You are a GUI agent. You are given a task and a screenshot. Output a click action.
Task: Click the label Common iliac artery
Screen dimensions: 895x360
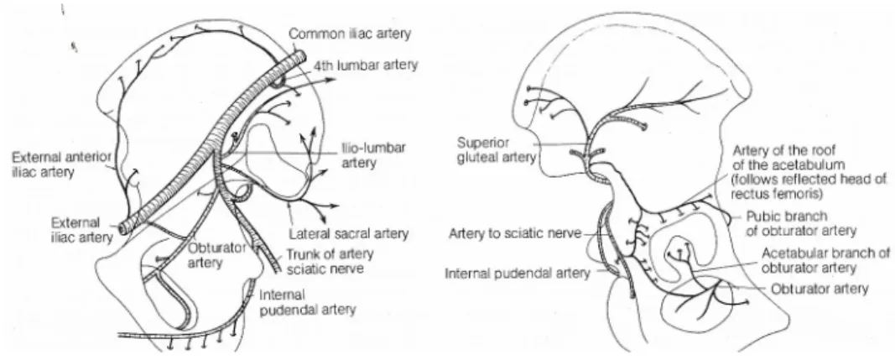coord(349,34)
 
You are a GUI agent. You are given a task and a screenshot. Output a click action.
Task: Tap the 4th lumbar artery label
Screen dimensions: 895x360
coord(365,65)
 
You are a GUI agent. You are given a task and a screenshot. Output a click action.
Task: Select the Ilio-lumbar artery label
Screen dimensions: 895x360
coord(374,155)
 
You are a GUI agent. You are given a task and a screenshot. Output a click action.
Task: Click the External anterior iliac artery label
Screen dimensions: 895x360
coord(61,164)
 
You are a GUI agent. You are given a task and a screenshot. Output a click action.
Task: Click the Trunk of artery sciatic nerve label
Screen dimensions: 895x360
coord(330,261)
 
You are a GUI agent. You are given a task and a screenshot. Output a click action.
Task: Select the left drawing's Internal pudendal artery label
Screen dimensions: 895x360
coord(308,302)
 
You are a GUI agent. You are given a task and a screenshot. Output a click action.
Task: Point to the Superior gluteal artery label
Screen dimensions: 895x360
coord(496,149)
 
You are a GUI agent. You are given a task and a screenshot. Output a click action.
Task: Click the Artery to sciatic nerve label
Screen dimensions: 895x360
coord(515,233)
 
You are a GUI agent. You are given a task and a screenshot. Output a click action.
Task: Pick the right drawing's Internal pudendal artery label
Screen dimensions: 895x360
coord(518,274)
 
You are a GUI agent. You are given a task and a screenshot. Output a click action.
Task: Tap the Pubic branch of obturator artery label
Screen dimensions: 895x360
coord(801,223)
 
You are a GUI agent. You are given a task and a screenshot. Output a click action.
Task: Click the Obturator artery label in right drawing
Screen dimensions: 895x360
coord(820,290)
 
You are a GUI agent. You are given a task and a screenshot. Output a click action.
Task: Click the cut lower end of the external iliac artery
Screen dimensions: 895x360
coord(123,227)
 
